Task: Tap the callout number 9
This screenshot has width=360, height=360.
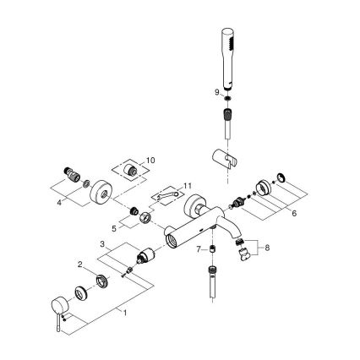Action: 216,91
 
